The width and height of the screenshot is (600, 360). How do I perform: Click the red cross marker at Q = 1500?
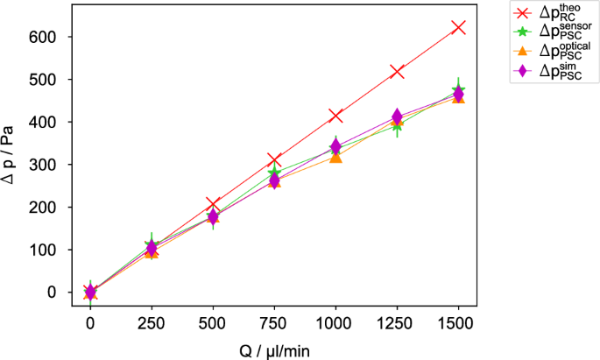(x=458, y=28)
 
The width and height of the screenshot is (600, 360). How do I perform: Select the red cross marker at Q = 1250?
(x=397, y=71)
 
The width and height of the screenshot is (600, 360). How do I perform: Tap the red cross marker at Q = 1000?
(x=335, y=116)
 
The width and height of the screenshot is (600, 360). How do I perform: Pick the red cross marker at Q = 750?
(x=274, y=159)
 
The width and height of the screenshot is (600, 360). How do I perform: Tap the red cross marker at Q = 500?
(x=213, y=204)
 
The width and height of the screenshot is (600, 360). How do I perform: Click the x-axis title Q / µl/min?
(x=273, y=349)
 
